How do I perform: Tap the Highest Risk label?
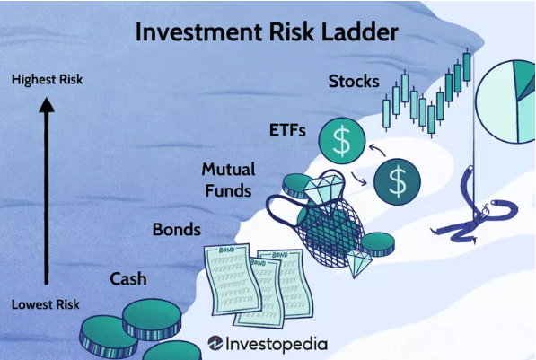48,79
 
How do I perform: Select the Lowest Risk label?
46,304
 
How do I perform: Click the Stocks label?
354,82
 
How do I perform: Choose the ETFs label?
287,130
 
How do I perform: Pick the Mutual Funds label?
228,180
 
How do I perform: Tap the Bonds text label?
176,230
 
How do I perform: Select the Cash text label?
128,279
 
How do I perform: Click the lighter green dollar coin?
342,141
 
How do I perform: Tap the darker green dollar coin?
397,181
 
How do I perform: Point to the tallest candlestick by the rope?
467,67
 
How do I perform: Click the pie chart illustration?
505,101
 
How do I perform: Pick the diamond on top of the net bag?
323,191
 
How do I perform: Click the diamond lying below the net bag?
358,262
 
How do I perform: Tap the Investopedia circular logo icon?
215,343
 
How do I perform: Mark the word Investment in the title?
199,31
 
